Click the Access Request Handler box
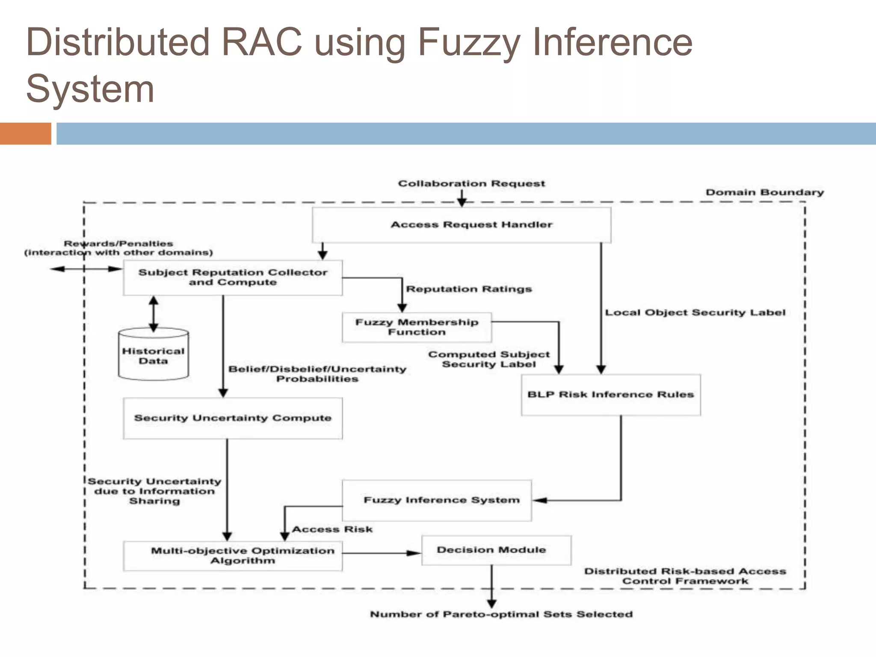461,225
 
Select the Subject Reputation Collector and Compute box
233,278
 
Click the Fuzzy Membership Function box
417,327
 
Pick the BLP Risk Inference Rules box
610,395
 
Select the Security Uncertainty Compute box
233,418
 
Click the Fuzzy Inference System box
437,500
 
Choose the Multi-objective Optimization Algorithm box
233,555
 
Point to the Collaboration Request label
471,183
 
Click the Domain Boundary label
764,192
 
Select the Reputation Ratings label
469,289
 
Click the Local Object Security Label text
695,313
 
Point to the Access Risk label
332,530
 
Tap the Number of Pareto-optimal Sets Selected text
501,614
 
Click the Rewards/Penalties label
118,244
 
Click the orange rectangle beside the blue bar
25,133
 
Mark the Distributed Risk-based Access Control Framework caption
685,576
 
